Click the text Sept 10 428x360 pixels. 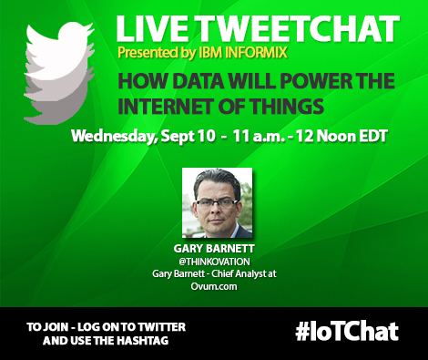point(192,139)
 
